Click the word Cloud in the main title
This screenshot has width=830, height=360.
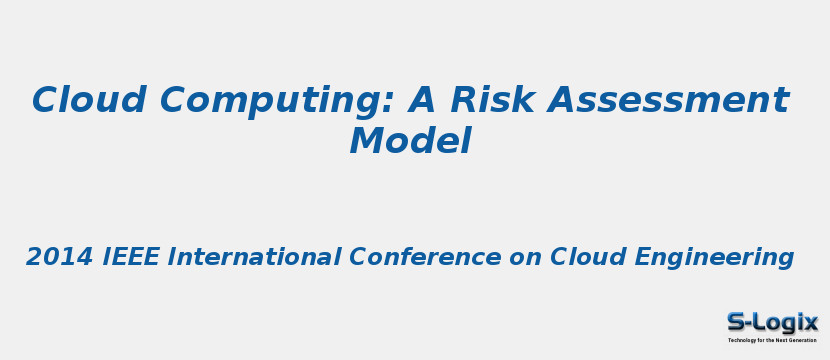[x=89, y=100]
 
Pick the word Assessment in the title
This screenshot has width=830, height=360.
[x=668, y=100]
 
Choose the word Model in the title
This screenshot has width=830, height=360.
[x=410, y=141]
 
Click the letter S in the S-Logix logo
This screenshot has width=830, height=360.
[x=736, y=322]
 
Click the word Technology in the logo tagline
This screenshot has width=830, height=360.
[x=744, y=341]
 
